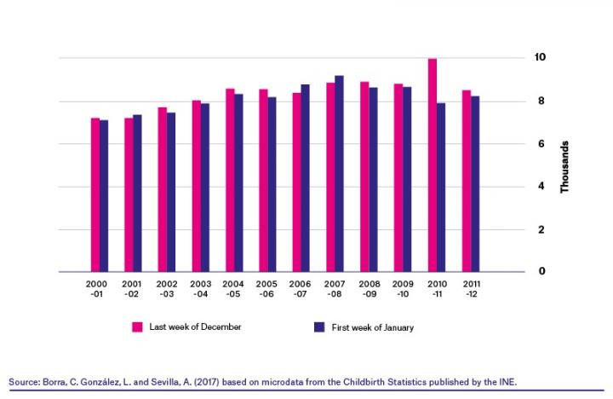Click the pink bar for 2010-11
tap(433, 165)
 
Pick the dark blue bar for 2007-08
tap(340, 174)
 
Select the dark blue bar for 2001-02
tap(137, 194)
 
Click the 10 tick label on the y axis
tap(539, 57)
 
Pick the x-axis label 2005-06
tap(266, 287)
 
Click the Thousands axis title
tap(564, 166)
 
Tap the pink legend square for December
tap(137, 327)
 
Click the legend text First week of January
tap(377, 327)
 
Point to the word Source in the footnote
tap(23, 382)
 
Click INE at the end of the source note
tap(506, 382)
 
